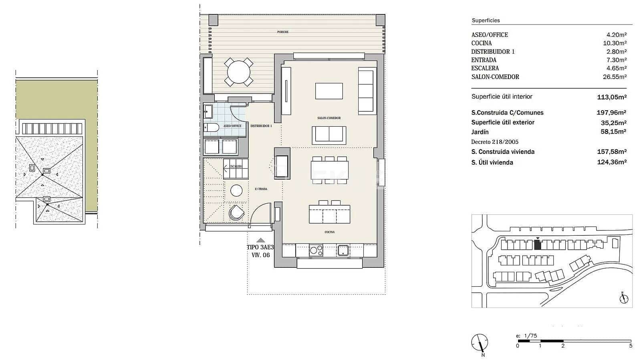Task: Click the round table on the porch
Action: point(238,72)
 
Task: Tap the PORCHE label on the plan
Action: point(282,32)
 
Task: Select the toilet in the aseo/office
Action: point(211,127)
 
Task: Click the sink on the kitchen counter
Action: point(343,251)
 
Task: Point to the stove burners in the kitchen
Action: point(316,251)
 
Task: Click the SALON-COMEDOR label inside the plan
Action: point(329,118)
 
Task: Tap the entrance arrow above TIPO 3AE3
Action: point(260,240)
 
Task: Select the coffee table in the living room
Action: point(329,91)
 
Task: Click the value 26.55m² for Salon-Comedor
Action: point(615,77)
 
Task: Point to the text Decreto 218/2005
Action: point(495,142)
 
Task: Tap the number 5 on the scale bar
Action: point(631,346)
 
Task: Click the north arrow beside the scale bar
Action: point(480,343)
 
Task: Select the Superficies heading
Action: point(486,20)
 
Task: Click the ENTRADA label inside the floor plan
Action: point(261,189)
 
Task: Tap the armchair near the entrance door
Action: point(236,213)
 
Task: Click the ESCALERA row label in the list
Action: point(485,68)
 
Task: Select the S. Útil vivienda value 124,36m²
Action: point(611,162)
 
